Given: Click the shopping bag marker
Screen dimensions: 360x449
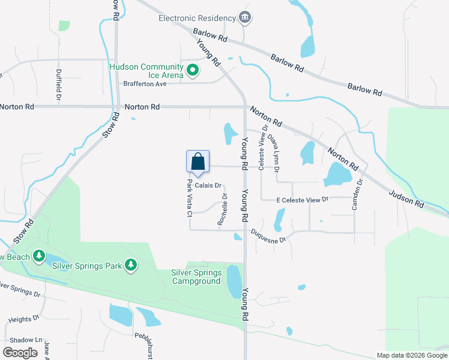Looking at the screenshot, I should click(x=198, y=162).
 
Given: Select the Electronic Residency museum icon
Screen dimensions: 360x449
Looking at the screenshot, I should click(x=244, y=18).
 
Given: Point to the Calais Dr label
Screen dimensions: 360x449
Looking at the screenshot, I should click(x=209, y=185).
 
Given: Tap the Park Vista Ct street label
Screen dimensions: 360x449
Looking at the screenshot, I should click(x=188, y=198).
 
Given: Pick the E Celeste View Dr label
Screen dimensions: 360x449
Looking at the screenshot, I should click(x=303, y=199).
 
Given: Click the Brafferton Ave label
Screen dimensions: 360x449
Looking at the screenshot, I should click(x=145, y=84).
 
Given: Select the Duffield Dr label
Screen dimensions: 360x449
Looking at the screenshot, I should click(x=59, y=84).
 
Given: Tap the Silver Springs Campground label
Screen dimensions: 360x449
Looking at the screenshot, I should click(x=196, y=277).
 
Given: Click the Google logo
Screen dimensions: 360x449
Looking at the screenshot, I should click(x=20, y=353).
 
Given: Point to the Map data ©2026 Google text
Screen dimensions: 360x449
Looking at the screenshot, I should click(x=411, y=355).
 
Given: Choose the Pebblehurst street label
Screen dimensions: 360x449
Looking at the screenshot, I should click(x=148, y=341).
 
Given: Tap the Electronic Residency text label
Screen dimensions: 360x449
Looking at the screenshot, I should click(x=196, y=18).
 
